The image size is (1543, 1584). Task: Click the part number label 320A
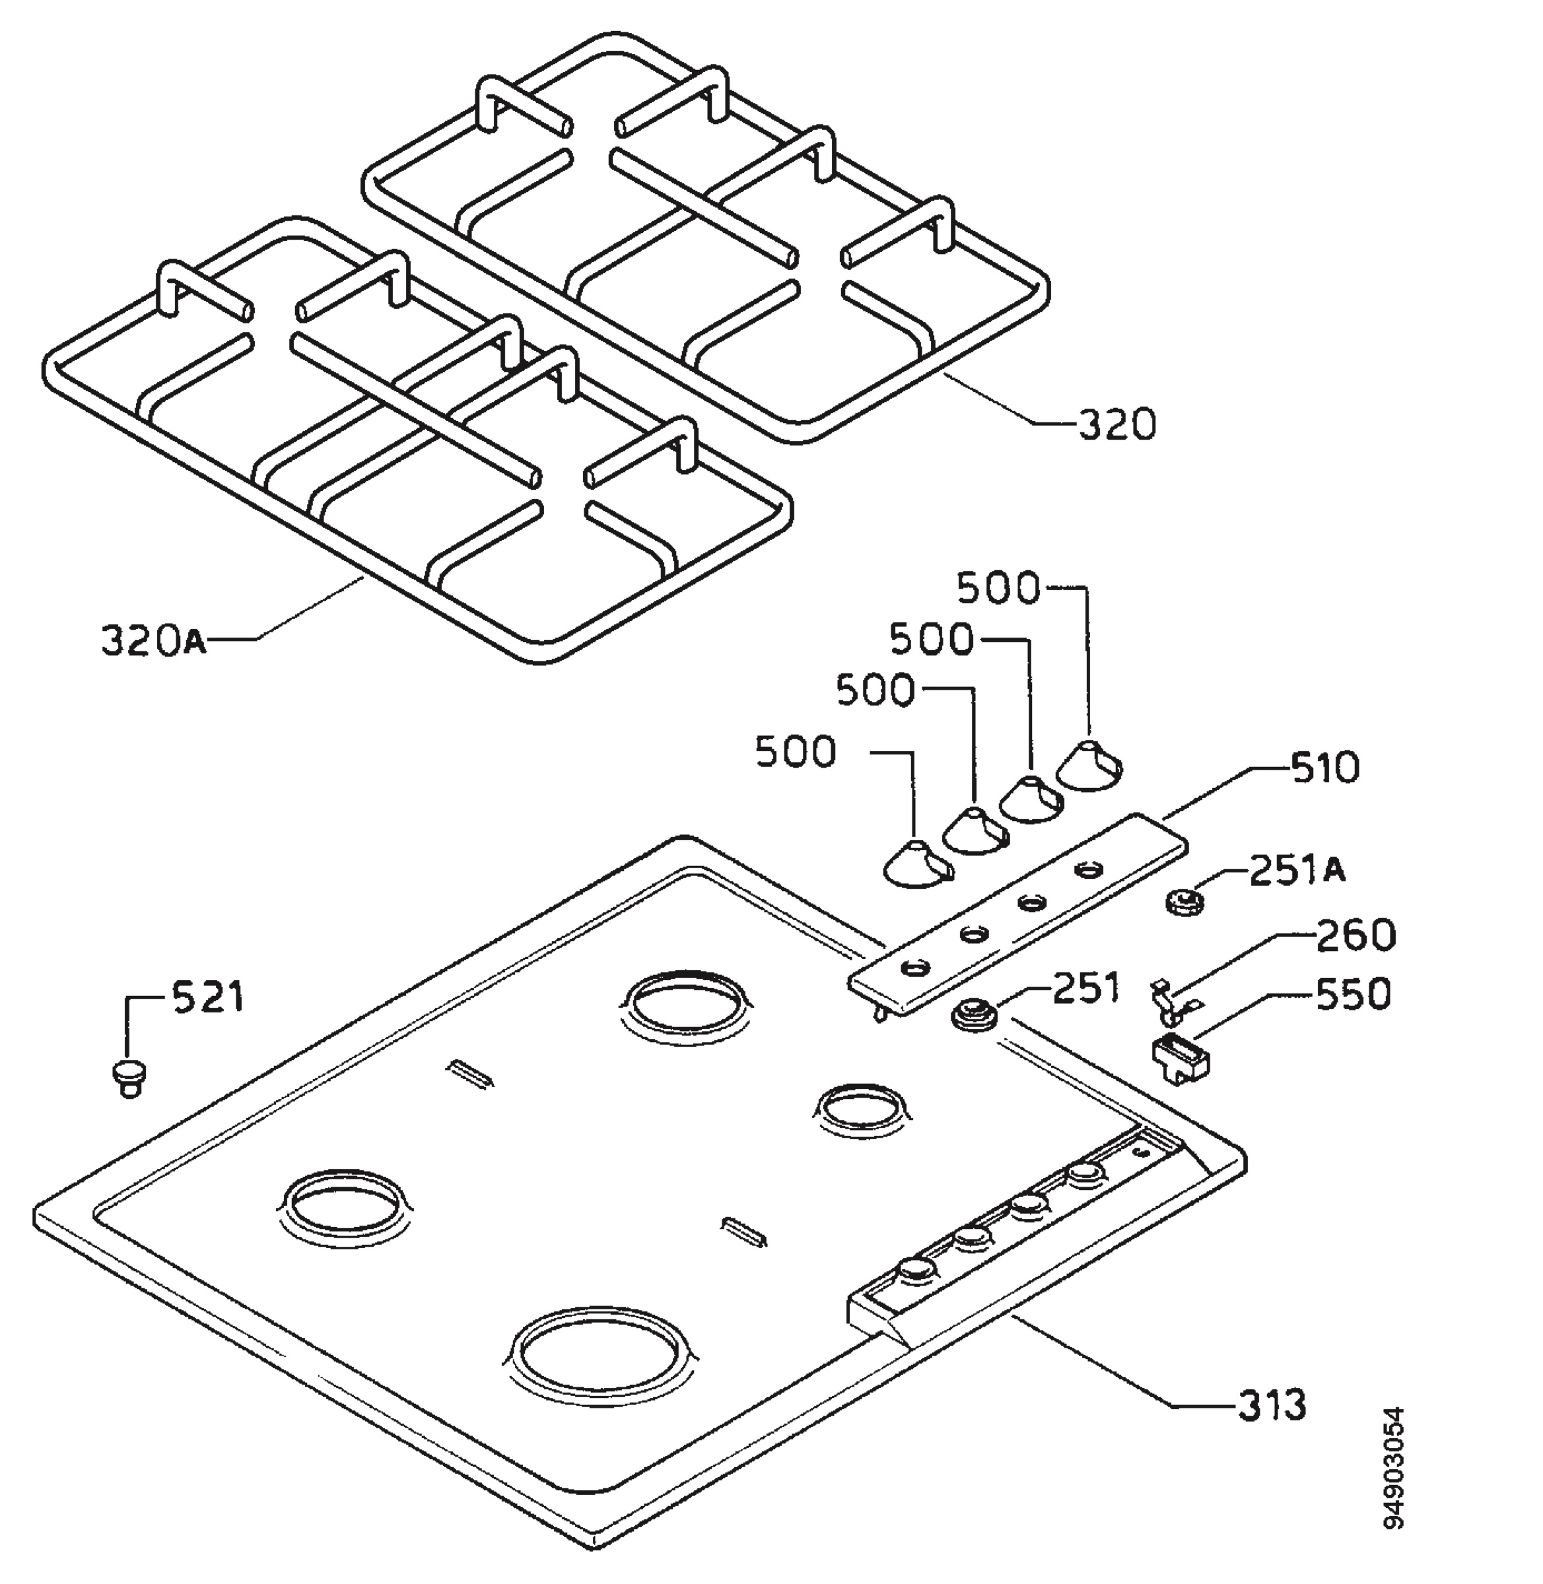[x=153, y=640]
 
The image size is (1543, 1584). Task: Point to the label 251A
[x=1298, y=871]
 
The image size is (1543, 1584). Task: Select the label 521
[x=207, y=996]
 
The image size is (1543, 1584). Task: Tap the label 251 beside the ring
[x=1086, y=987]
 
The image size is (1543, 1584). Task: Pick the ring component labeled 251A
[x=1184, y=901]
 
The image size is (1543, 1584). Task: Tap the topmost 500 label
[x=998, y=588]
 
